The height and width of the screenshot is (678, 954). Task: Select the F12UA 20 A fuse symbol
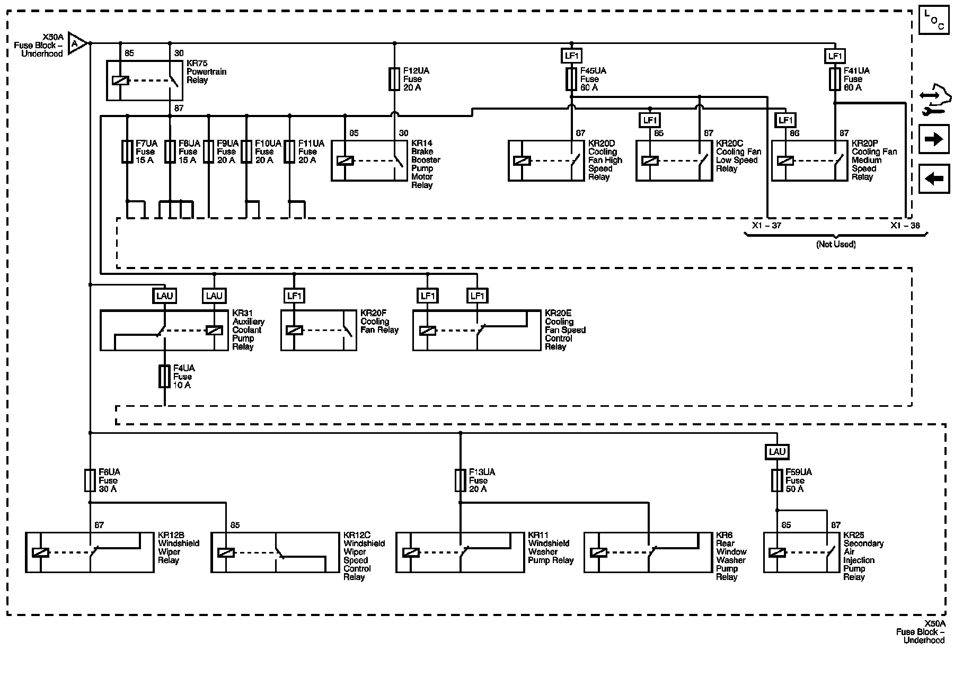point(394,79)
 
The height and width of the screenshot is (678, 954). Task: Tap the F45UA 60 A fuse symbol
point(571,79)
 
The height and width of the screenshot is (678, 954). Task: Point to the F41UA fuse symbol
point(835,79)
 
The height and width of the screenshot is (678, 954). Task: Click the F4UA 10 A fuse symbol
point(164,376)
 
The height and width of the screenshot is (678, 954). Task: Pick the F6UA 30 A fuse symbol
point(90,480)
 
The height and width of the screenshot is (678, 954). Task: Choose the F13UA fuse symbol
point(460,480)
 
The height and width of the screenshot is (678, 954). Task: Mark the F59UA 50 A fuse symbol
point(777,480)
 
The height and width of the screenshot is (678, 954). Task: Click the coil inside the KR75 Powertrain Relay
point(120,81)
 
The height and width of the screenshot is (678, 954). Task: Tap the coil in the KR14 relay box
point(345,160)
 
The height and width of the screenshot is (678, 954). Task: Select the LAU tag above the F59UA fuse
point(777,452)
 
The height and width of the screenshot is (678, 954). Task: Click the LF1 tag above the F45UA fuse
point(571,56)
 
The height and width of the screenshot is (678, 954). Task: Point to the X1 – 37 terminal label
point(766,226)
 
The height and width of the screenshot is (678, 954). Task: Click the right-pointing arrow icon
point(934,139)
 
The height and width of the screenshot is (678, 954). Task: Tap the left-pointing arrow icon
point(934,179)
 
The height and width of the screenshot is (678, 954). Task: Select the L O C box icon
point(934,21)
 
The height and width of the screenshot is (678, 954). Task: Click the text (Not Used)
point(836,244)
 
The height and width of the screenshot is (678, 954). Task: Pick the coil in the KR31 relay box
point(214,331)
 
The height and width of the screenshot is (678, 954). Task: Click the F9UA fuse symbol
point(209,151)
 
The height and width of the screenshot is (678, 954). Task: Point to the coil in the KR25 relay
point(777,552)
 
